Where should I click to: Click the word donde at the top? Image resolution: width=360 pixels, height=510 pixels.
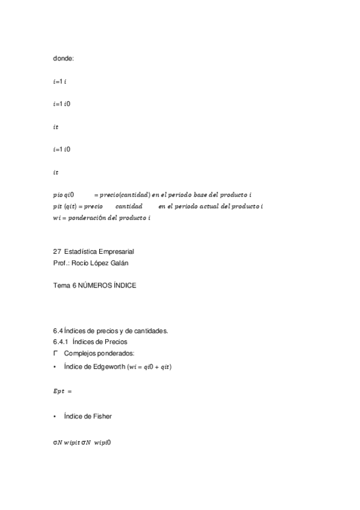[x=63, y=58]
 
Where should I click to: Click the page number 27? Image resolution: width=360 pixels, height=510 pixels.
[x=57, y=251]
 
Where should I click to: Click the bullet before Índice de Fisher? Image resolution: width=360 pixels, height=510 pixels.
[x=55, y=416]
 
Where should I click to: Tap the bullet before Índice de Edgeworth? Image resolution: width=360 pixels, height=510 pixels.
[x=55, y=366]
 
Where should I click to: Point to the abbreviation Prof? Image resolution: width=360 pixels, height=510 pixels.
[x=61, y=263]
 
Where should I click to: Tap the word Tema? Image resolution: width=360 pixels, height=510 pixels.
[x=62, y=286]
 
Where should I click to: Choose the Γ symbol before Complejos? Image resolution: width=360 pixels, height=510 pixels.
[x=55, y=353]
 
